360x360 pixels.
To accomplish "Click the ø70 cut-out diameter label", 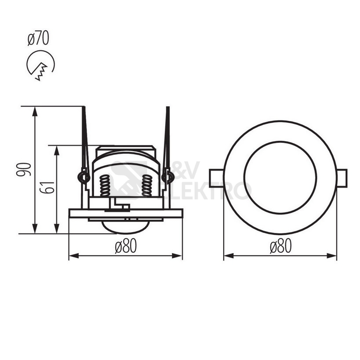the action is tap(38, 39).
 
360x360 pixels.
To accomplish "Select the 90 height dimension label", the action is tap(24, 169).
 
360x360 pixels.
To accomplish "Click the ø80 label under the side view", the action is tap(126, 246).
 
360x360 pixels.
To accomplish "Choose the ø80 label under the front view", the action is tap(280, 246).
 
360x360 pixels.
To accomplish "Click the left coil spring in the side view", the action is tap(105, 185).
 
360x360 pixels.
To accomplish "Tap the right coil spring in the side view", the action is tap(147, 185).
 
